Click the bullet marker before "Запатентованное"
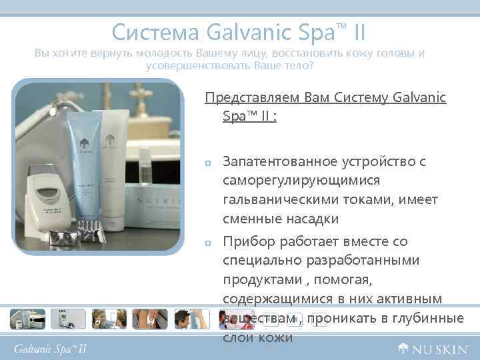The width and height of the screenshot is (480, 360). tap(208, 163)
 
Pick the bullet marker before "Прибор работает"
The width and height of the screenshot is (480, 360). tap(208, 243)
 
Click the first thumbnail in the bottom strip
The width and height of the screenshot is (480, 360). tap(27, 319)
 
